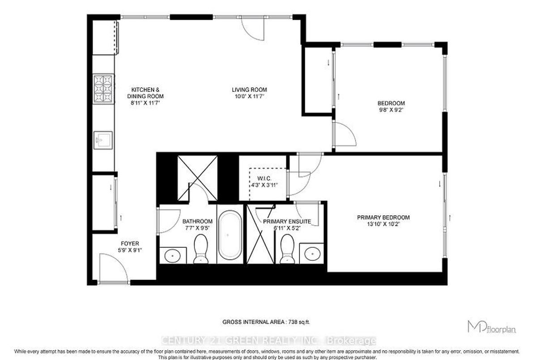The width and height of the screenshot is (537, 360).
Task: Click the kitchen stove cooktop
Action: click(x=103, y=89)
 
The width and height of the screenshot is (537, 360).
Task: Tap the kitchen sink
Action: click(x=103, y=140)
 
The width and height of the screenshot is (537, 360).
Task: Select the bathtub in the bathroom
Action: click(x=230, y=235)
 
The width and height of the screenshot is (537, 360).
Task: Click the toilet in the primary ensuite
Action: click(x=287, y=248)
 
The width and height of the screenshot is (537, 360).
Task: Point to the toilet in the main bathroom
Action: click(x=200, y=248)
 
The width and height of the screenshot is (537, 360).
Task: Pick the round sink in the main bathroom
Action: click(x=173, y=255)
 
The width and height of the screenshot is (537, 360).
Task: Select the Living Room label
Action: click(x=249, y=90)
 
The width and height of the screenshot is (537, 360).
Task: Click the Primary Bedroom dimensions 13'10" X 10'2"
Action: click(x=383, y=224)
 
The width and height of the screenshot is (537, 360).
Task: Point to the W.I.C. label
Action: click(x=264, y=179)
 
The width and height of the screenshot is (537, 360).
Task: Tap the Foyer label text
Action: click(x=130, y=244)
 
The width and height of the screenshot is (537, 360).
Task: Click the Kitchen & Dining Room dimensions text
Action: click(x=145, y=103)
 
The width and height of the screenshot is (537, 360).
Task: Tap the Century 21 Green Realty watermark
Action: click(x=268, y=340)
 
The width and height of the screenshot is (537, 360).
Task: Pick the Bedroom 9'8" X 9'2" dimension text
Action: click(x=391, y=110)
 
